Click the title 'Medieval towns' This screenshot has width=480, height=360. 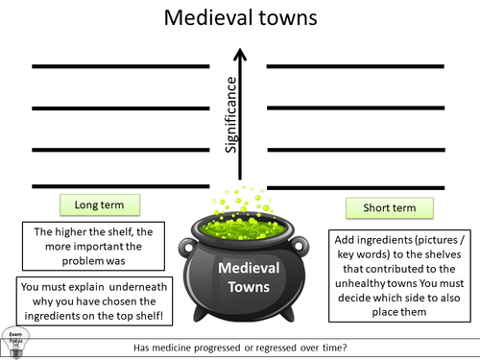pyautogui.click(x=240, y=18)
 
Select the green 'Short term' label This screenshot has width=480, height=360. pyautogui.click(x=388, y=207)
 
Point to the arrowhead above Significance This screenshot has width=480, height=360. pyautogui.click(x=241, y=47)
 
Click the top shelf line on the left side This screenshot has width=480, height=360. pyautogui.click(x=121, y=66)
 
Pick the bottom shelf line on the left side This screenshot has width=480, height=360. pyautogui.click(x=121, y=185)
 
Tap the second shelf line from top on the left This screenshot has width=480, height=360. pyautogui.click(x=121, y=107)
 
